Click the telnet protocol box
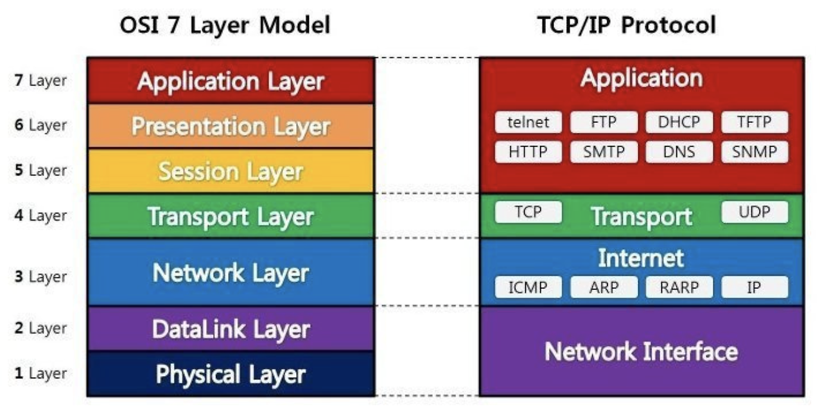[x=528, y=122]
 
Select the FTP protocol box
[x=604, y=122]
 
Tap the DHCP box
[x=679, y=122]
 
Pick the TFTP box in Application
[x=754, y=122]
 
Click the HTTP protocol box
[x=528, y=152]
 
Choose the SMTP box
[x=604, y=152]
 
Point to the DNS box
[x=679, y=152]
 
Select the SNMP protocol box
[x=754, y=152]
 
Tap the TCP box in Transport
[x=528, y=212]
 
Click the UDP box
[x=754, y=212]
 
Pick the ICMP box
[x=528, y=287]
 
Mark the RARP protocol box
[x=679, y=287]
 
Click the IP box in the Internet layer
[x=754, y=287]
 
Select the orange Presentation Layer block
[x=231, y=126]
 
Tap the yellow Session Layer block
[x=231, y=171]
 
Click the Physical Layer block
[x=231, y=373]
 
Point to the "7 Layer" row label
[x=40, y=82]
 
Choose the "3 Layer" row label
[x=40, y=277]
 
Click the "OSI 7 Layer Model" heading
[x=225, y=25]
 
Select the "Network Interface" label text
[x=641, y=352]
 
